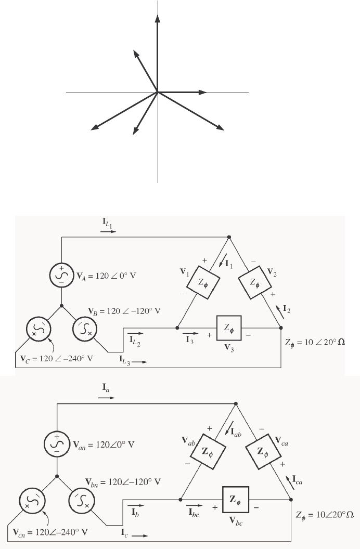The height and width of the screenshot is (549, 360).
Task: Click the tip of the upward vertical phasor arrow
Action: click(157, 16)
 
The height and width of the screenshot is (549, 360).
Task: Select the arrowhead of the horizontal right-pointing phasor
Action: click(203, 93)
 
